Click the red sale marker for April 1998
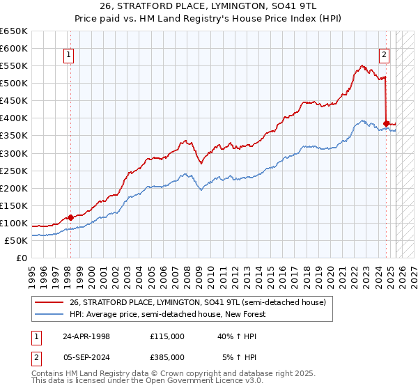(70, 217)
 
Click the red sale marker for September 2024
(387, 123)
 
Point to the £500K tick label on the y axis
(15, 84)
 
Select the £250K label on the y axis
(15, 171)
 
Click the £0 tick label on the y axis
(22, 258)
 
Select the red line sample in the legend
(49, 302)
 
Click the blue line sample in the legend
(49, 314)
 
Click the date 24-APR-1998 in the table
(86, 336)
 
